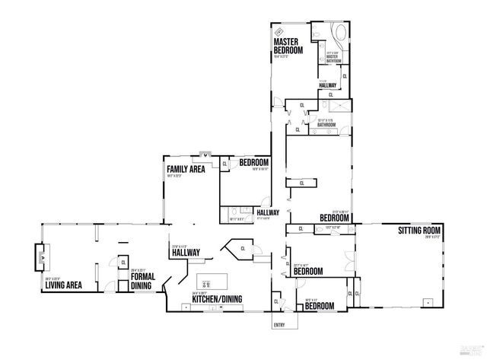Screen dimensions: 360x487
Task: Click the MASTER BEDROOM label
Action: tap(288, 45)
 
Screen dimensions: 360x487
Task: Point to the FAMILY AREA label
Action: tap(186, 169)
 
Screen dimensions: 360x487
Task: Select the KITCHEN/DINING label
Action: tap(217, 299)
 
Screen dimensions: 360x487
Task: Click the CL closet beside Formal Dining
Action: tap(123, 263)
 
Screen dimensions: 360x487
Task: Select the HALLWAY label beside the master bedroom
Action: tap(328, 85)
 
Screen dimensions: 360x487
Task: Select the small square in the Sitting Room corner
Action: tap(428, 301)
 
